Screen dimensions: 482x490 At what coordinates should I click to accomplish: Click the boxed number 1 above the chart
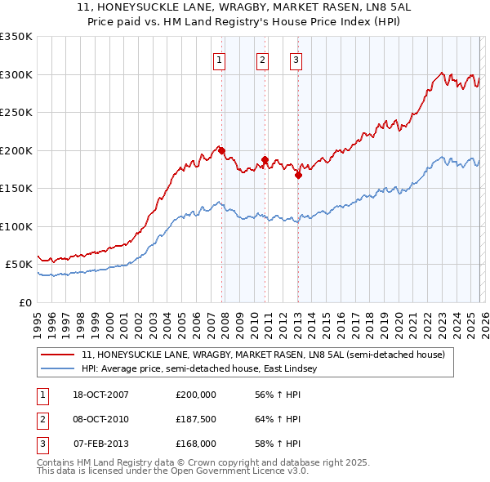220,59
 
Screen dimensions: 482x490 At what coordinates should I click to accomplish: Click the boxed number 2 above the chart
262,59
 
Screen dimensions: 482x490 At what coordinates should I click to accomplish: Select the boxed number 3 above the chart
295,59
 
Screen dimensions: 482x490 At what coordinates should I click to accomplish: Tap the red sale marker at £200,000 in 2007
221,150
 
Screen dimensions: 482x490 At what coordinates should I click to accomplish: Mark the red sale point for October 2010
265,159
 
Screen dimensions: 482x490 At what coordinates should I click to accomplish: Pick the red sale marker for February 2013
298,174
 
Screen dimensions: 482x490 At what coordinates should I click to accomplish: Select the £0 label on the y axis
24,302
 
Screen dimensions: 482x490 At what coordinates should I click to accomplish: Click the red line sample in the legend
57,355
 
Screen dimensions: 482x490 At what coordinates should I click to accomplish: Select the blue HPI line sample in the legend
57,369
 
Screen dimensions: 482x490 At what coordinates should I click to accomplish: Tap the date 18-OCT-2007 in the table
100,395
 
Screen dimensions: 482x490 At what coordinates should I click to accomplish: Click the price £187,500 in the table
195,419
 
